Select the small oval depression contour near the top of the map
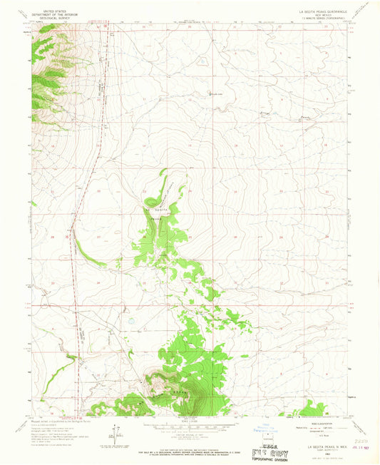pyautogui.click(x=202, y=61)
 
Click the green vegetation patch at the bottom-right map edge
pyautogui.click(x=312, y=409)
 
